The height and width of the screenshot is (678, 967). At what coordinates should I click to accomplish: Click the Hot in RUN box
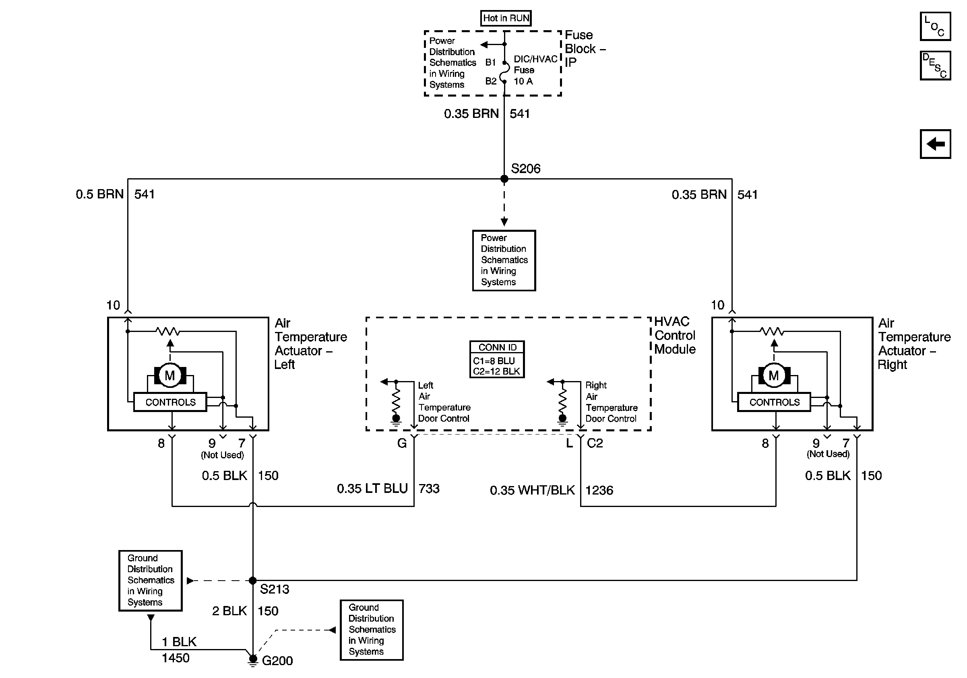(x=505, y=18)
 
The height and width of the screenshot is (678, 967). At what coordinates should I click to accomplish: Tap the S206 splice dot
(x=504, y=179)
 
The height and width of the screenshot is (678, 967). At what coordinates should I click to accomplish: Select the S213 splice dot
(x=253, y=580)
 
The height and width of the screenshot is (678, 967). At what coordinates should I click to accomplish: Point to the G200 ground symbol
(x=253, y=659)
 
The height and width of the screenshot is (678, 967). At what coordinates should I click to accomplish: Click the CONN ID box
(x=497, y=359)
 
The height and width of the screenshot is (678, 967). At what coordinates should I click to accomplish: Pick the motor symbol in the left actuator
(x=170, y=375)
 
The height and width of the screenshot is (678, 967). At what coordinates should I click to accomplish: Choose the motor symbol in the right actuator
(x=774, y=375)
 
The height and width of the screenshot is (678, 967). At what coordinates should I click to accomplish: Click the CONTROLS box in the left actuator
(x=170, y=402)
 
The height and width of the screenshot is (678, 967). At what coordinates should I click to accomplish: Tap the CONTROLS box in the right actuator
(x=774, y=402)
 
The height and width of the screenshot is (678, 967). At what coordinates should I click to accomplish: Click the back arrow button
(x=935, y=144)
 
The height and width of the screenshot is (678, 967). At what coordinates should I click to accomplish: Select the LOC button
(x=935, y=26)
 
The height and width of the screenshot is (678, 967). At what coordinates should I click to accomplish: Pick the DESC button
(x=935, y=65)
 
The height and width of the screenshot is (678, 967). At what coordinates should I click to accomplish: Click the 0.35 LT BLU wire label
(x=372, y=488)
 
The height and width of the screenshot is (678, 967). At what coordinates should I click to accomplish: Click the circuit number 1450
(x=176, y=657)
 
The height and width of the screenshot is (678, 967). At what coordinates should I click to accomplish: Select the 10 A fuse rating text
(x=523, y=81)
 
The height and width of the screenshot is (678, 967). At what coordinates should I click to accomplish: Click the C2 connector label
(x=595, y=443)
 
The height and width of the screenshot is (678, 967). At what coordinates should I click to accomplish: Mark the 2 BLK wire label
(x=229, y=611)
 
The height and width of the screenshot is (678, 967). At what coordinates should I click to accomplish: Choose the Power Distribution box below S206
(x=504, y=260)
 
